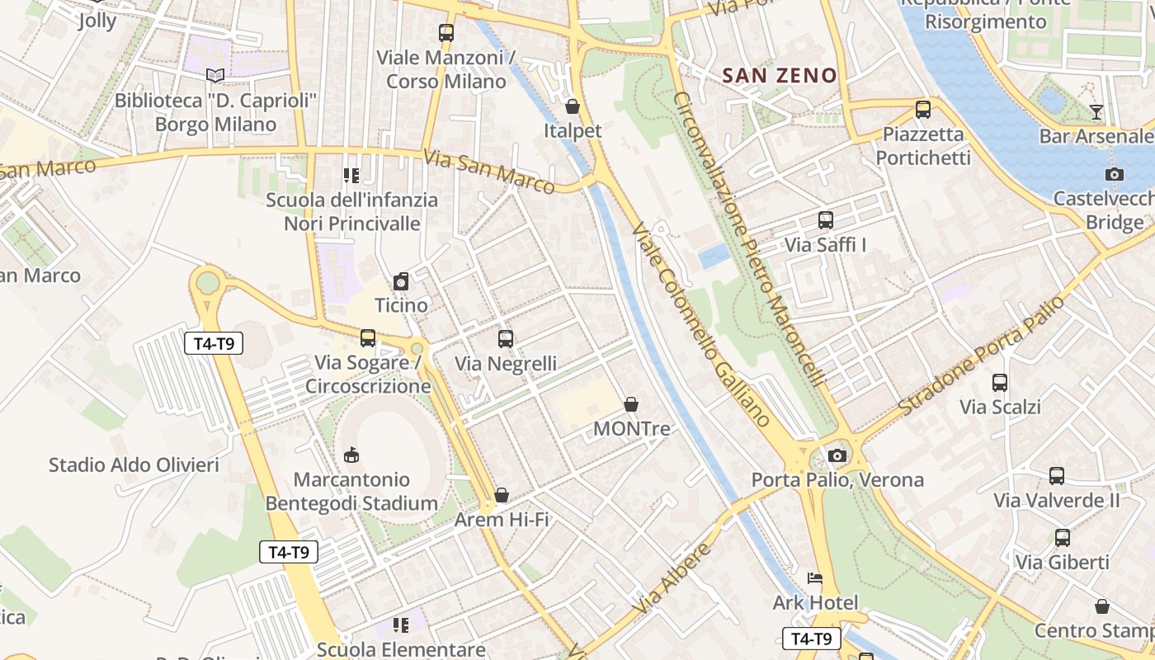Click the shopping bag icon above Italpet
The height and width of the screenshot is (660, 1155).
coord(572,106)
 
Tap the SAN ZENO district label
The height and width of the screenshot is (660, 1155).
coord(779,76)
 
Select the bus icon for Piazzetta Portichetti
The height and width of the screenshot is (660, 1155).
coord(923,109)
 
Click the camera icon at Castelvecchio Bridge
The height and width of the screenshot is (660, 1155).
coord(1114,174)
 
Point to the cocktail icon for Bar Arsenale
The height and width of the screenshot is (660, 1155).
coord(1096,111)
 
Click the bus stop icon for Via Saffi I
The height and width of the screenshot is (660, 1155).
coord(825,220)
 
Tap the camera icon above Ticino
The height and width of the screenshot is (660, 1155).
coord(401,281)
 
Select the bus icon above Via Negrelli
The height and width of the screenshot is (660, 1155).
coord(506,338)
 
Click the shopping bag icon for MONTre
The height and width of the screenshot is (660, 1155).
coord(631,404)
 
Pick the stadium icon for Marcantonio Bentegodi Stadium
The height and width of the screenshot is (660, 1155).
coord(351,455)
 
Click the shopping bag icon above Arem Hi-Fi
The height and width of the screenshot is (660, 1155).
coord(502,495)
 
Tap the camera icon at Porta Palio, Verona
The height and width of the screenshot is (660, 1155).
coord(837,455)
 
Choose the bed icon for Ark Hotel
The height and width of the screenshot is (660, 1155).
coord(815,578)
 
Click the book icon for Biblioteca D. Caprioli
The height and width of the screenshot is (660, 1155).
coord(215,76)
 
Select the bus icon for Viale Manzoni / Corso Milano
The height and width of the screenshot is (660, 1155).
coord(446,33)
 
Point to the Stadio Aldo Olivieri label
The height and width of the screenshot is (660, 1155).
coord(134,464)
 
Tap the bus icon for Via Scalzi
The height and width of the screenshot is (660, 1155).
coord(1000,383)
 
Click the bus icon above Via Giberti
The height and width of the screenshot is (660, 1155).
coord(1063,538)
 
